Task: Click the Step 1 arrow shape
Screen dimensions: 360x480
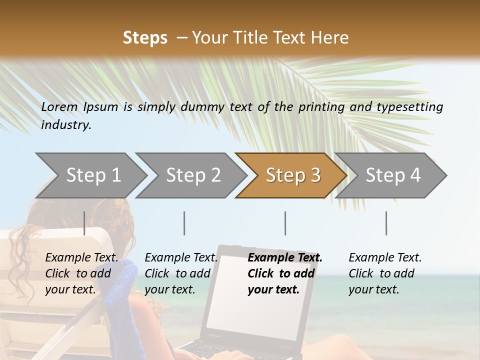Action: point(90,175)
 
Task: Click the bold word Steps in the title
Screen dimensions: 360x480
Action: point(145,38)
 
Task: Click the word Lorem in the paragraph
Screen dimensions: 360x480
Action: point(59,106)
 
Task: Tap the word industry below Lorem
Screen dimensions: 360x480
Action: point(65,125)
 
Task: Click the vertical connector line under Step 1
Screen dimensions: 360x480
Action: point(84,223)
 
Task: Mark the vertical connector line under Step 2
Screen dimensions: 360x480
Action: point(184,223)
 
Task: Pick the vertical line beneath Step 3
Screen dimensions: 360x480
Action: point(285,223)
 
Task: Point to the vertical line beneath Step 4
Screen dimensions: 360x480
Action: point(386,223)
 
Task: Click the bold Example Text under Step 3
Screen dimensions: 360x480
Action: point(285,258)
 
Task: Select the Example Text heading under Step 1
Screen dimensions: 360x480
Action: point(81,258)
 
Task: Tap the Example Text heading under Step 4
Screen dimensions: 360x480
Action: point(385,258)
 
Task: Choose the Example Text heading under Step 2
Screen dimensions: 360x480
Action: point(181,258)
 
